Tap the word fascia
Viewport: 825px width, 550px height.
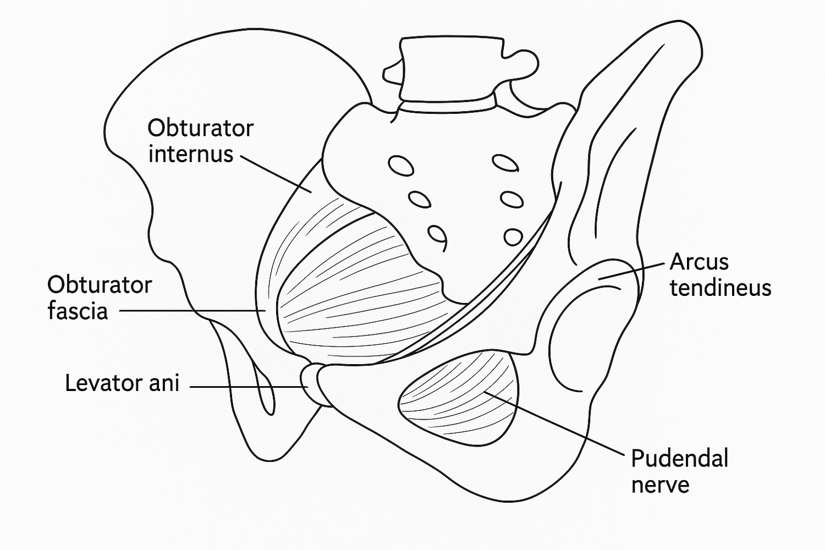point(78,311)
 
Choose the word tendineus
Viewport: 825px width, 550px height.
point(721,288)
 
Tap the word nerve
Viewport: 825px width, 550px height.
point(661,485)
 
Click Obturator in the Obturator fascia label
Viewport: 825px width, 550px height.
point(100,285)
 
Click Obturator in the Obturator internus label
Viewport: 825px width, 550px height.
point(201,129)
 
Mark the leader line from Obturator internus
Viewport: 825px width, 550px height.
point(276,174)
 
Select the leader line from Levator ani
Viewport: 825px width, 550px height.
point(249,387)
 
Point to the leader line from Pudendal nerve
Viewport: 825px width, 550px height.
point(554,424)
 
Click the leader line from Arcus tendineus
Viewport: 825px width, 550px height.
point(632,272)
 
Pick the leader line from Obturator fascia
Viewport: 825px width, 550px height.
point(193,311)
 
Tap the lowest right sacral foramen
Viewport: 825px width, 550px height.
point(513,237)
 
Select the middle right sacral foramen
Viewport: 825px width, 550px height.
point(512,200)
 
